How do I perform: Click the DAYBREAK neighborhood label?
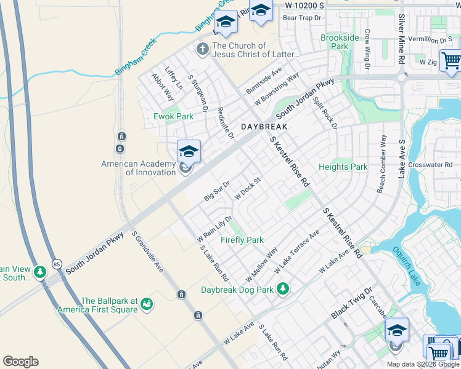(x=264, y=126)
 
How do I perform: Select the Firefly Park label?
(x=242, y=240)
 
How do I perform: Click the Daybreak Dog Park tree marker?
(x=283, y=288)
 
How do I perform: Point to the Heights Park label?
(x=343, y=167)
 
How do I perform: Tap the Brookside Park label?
(x=340, y=42)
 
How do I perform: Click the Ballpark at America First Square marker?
(x=147, y=304)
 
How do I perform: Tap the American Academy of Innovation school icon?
(x=189, y=150)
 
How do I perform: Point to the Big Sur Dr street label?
(x=217, y=191)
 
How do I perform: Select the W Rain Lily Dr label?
(x=214, y=228)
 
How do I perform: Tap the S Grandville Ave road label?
(x=148, y=253)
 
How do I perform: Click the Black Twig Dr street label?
(x=353, y=303)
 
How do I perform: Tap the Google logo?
(x=20, y=362)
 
